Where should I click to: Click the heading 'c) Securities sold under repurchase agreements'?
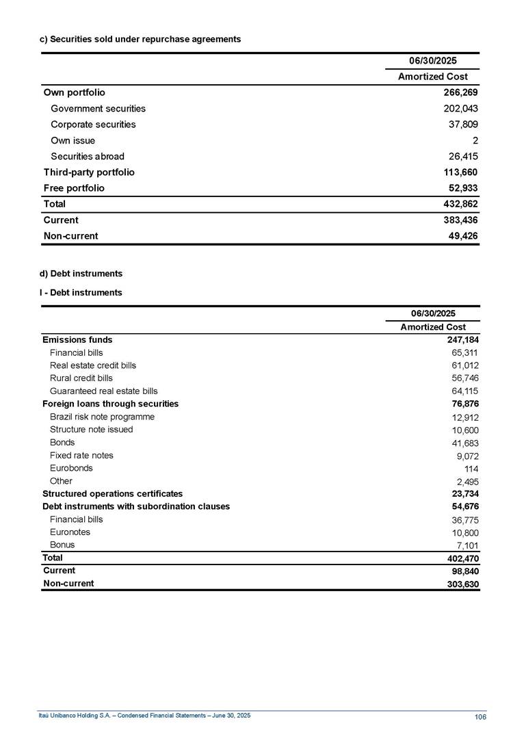point(140,40)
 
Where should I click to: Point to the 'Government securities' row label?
point(98,109)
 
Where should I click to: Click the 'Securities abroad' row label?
point(88,157)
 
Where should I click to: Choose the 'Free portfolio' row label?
point(74,188)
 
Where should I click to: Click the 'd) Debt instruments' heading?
point(81,274)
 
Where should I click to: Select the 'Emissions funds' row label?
point(77,340)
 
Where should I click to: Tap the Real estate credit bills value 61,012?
point(465,366)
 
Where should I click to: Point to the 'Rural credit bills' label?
point(81,378)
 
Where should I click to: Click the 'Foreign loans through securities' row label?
point(110,404)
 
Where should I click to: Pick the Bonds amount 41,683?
point(465,443)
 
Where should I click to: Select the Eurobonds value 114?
point(471,469)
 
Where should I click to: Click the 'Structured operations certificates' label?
point(112,494)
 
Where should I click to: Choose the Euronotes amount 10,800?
point(465,533)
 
